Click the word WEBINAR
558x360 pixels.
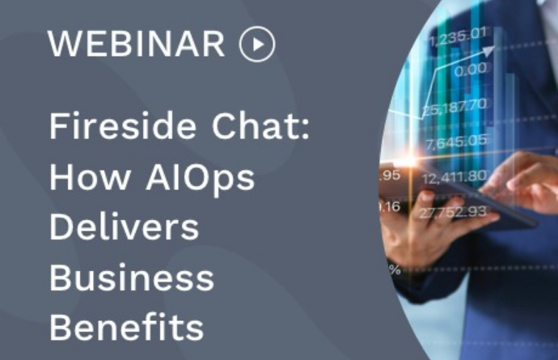pyautogui.click(x=137, y=44)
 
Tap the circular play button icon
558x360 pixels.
pyautogui.click(x=257, y=44)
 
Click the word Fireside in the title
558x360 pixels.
pyautogui.click(x=123, y=125)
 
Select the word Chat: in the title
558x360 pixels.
pyautogui.click(x=261, y=125)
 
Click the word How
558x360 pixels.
pyautogui.click(x=90, y=177)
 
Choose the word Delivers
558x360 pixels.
pyautogui.click(x=124, y=227)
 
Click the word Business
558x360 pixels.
pyautogui.click(x=132, y=277)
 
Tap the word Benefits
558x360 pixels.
pyautogui.click(x=126, y=328)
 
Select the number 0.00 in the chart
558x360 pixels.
pyautogui.click(x=471, y=70)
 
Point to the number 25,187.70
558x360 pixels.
pyautogui.click(x=455, y=107)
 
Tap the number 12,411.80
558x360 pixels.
pyautogui.click(x=454, y=177)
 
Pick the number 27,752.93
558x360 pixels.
pyautogui.click(x=453, y=212)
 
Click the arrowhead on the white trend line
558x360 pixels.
pyautogui.click(x=489, y=51)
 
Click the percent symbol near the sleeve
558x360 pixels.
pyautogui.click(x=395, y=269)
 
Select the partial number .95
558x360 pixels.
pyautogui.click(x=390, y=176)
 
